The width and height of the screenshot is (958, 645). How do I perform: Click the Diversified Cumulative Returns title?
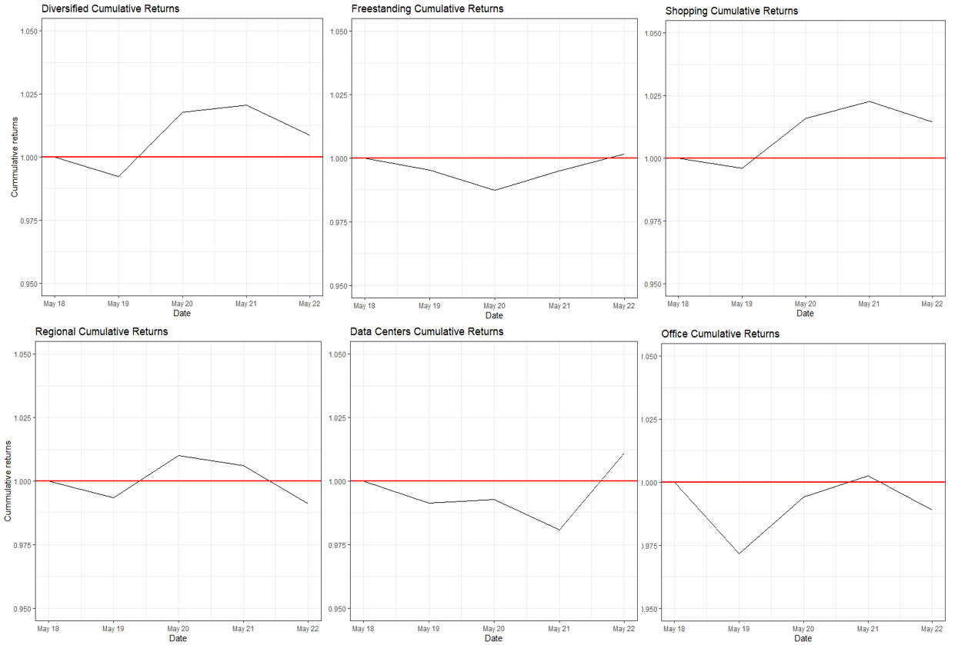[x=110, y=9]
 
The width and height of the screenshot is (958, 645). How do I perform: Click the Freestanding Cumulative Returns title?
[x=427, y=9]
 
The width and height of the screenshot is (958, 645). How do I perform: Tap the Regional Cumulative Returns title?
[x=102, y=332]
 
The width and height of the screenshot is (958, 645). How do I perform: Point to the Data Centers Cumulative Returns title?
[x=427, y=332]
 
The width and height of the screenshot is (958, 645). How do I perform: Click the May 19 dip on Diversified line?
[x=118, y=177]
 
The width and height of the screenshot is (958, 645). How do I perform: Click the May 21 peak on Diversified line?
[x=245, y=105]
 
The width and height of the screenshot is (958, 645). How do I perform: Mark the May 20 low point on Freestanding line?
[x=494, y=190]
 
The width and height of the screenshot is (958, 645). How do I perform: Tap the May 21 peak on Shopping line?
[x=869, y=101]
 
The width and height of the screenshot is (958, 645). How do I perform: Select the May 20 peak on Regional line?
[x=179, y=455]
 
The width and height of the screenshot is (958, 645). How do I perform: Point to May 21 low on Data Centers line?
[x=559, y=530]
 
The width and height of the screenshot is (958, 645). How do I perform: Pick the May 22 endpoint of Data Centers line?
[x=623, y=454]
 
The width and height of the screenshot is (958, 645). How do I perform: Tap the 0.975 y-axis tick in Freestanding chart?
[x=341, y=222]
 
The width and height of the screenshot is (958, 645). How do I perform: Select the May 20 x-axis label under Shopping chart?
[x=805, y=304]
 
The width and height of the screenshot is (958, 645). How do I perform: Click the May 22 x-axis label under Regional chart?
[x=308, y=629]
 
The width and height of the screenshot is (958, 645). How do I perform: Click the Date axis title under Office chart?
[x=803, y=639]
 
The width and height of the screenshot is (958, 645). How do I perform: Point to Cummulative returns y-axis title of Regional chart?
[x=8, y=481]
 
